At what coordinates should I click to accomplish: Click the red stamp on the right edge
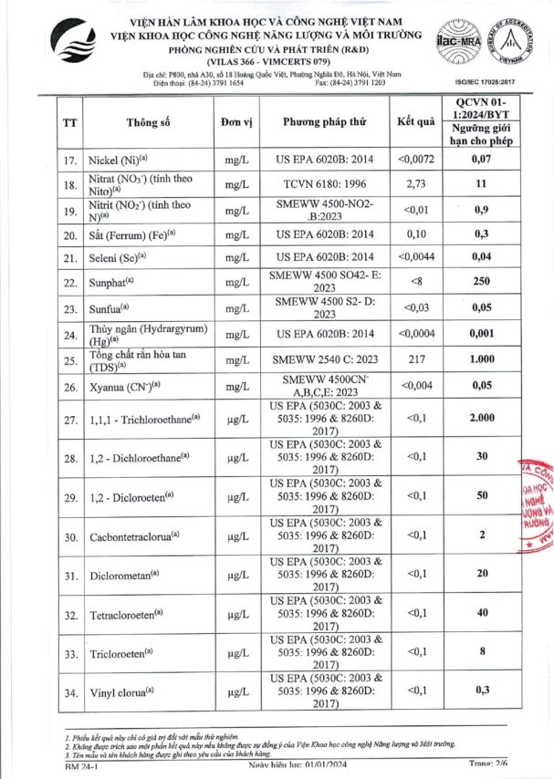(x=536, y=506)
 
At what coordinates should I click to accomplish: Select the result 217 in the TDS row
(x=415, y=360)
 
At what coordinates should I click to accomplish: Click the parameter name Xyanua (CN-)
(x=123, y=387)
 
